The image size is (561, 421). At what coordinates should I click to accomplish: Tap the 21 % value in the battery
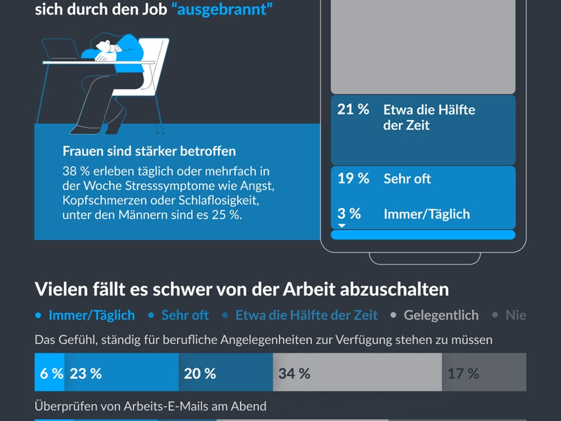pos(353,109)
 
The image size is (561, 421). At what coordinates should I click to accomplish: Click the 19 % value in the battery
pos(353,178)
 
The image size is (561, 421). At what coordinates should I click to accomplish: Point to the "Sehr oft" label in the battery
pos(407,179)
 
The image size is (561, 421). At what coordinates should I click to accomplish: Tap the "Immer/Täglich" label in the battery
pos(426,214)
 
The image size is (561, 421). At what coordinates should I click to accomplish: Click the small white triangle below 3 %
pos(342,226)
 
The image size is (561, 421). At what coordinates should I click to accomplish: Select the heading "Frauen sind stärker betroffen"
pos(149,152)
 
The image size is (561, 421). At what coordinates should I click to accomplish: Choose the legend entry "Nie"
pos(515,315)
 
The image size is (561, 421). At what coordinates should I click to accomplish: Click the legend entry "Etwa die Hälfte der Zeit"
pos(306,315)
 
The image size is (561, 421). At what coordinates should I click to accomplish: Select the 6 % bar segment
pos(49,373)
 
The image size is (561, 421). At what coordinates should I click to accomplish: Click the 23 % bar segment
pos(121,373)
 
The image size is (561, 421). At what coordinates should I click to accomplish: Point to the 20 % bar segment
pos(225,373)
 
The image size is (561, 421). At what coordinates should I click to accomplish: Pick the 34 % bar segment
pos(357,373)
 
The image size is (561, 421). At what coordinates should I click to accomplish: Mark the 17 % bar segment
pos(484,373)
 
